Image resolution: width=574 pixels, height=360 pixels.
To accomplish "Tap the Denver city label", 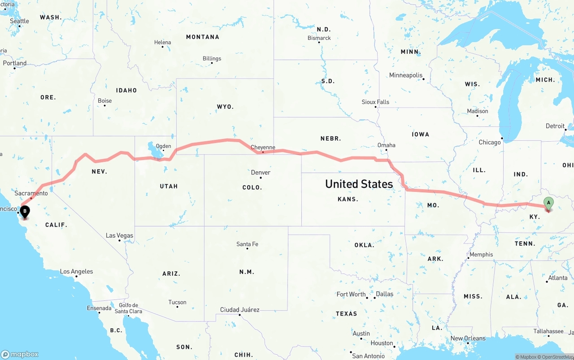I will tap(261, 173).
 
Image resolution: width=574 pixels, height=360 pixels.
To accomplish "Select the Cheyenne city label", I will tap(263, 147).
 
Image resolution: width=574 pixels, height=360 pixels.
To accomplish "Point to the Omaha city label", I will tap(386, 145).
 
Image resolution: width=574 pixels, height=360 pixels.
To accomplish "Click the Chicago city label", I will tap(489, 142).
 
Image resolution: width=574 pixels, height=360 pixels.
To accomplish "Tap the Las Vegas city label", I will tap(119, 235).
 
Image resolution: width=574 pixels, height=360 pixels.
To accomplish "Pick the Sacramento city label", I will tap(31, 193).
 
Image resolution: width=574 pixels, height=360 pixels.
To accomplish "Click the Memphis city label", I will tap(481, 254).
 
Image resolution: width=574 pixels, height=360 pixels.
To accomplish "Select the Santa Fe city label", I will tap(247, 244).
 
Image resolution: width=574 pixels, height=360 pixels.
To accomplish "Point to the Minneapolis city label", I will tap(405, 75).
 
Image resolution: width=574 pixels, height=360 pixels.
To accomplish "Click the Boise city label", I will tap(104, 101).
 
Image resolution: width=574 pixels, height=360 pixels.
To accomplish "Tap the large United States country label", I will tap(359, 184).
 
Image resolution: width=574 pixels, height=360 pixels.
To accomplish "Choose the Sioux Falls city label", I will tap(375, 102).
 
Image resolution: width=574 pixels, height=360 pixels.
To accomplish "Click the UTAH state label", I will tap(169, 186).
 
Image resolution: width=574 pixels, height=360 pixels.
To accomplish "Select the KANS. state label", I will tap(347, 199).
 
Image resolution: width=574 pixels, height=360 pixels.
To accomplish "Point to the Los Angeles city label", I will tap(76, 271).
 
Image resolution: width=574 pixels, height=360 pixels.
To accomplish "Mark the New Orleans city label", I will tap(468, 338).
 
